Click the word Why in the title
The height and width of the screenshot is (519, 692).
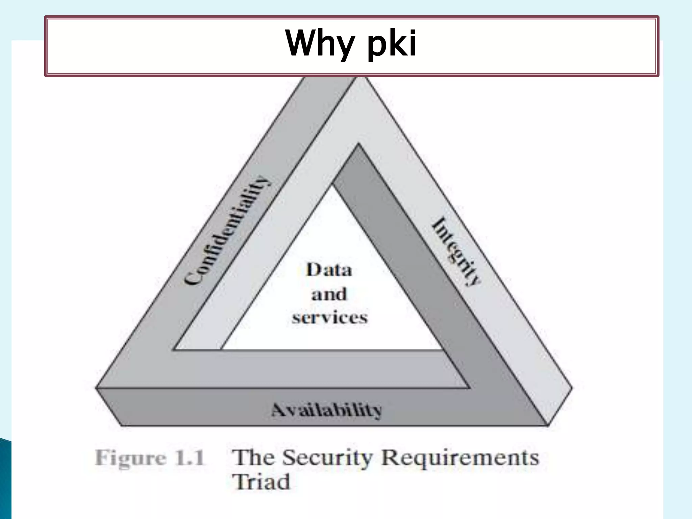pyautogui.click(x=319, y=43)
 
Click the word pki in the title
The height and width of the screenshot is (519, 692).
pyautogui.click(x=392, y=44)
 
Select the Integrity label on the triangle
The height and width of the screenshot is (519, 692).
pyautogui.click(x=456, y=252)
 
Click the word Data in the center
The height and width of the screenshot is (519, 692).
pyautogui.click(x=329, y=270)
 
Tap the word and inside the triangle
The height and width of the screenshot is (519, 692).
pyautogui.click(x=329, y=294)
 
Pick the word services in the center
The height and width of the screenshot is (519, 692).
pyautogui.click(x=329, y=318)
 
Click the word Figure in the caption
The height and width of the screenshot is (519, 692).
pyautogui.click(x=131, y=459)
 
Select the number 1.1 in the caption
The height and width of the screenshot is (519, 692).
pyautogui.click(x=189, y=458)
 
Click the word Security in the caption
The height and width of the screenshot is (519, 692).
pyautogui.click(x=327, y=458)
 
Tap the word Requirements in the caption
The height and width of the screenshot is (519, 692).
pyautogui.click(x=460, y=458)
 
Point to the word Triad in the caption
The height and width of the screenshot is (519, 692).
pyautogui.click(x=261, y=482)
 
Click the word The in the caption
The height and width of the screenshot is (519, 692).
pyautogui.click(x=254, y=458)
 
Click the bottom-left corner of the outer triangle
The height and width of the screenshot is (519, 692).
pyautogui.click(x=97, y=388)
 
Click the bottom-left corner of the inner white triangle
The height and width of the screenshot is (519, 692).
pyautogui.click(x=222, y=349)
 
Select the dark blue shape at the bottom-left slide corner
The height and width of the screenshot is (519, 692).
pyautogui.click(x=5, y=480)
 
